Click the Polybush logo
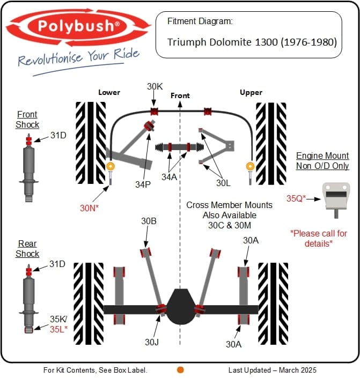point(79,26)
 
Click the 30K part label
point(155,87)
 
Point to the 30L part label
point(223,182)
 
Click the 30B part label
point(149,221)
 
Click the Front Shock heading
point(27,120)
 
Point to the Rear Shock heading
point(27,248)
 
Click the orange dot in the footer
point(180,370)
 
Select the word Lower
point(109,92)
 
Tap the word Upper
point(251,92)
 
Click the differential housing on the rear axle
point(180,306)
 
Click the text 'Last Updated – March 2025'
point(272,370)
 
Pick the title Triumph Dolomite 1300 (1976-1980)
point(252,42)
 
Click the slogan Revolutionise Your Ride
point(78,56)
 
